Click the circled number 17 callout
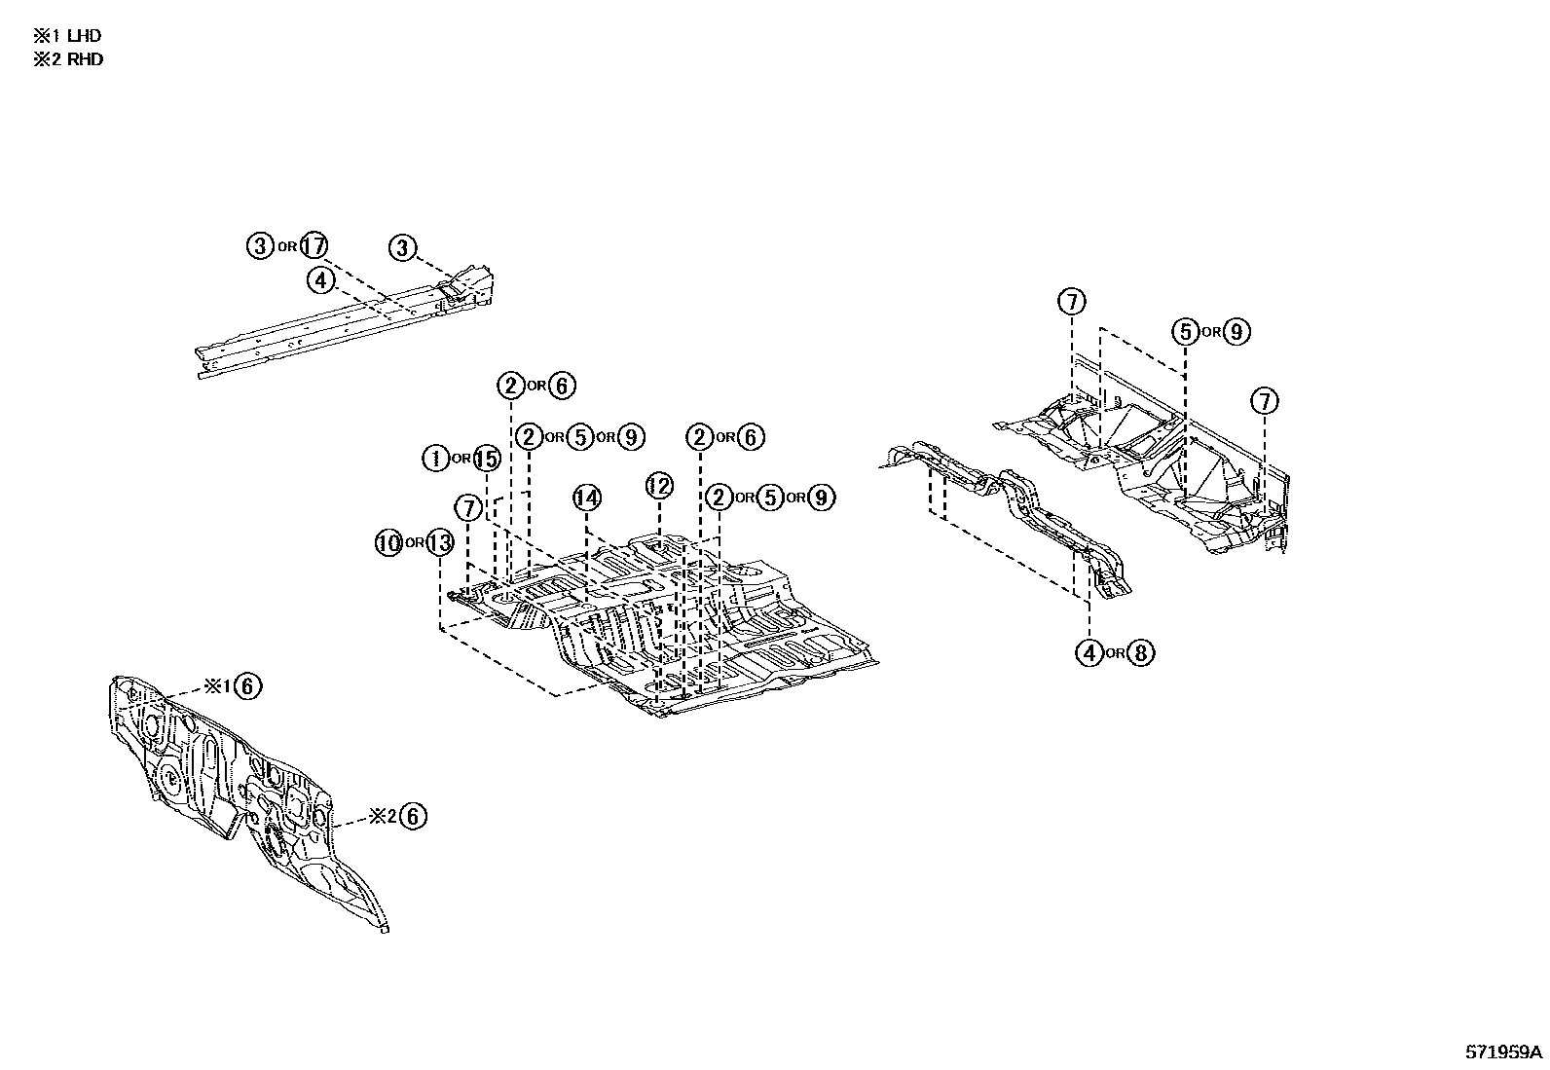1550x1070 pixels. pos(314,246)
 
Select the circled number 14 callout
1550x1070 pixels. pos(586,498)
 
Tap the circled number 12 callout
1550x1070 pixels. pos(659,485)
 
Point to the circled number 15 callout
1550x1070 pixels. pos(485,458)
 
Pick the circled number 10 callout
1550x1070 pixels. pos(389,542)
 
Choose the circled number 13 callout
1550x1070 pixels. pos(439,542)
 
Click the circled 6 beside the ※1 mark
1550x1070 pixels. pos(247,686)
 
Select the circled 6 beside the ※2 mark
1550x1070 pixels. pos(413,816)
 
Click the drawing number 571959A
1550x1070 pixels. pos(1504,1052)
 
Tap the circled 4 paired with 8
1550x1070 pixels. pos(1089,652)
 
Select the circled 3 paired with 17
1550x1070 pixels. pos(260,246)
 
